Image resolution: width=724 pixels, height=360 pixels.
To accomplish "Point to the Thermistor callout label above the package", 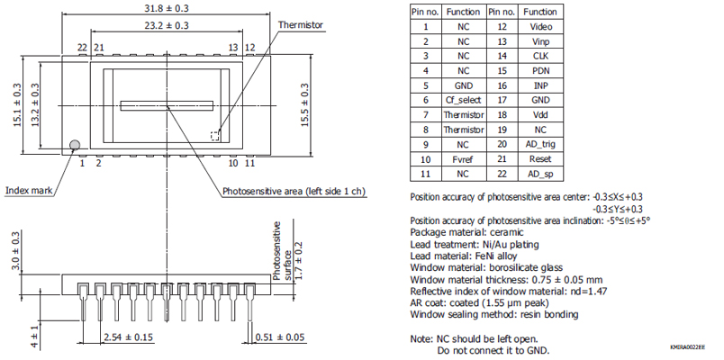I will (x=301, y=25).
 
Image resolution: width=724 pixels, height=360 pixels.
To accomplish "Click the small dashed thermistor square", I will (x=215, y=136).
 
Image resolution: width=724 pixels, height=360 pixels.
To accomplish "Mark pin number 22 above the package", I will (x=82, y=47).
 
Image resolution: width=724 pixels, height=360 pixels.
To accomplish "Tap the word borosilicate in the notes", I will (x=524, y=267).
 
